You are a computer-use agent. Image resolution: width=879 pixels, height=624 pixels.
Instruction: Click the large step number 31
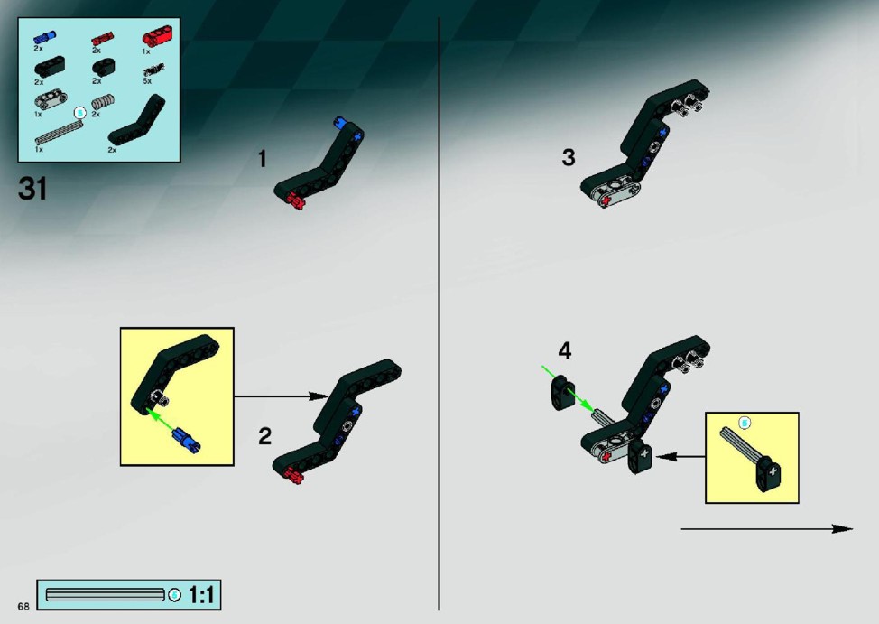pyautogui.click(x=32, y=189)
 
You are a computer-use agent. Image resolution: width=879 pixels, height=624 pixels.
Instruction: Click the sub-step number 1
pyautogui.click(x=263, y=159)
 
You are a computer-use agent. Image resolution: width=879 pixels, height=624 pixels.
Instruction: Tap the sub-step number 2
pyautogui.click(x=265, y=436)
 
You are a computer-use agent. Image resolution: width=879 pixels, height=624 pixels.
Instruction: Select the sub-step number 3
pyautogui.click(x=569, y=158)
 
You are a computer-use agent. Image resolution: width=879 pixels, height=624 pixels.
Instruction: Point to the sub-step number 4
pyautogui.click(x=565, y=350)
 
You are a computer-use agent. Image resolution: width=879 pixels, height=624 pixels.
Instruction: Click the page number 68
pyautogui.click(x=23, y=606)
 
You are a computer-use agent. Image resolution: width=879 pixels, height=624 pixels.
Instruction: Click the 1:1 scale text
pyautogui.click(x=202, y=595)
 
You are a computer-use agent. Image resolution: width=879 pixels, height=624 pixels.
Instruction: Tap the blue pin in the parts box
pyautogui.click(x=45, y=37)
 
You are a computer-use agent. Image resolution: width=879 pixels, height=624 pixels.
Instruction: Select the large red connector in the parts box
pyautogui.click(x=157, y=37)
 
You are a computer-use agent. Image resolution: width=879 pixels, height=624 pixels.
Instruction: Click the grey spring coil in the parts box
pyautogui.click(x=103, y=103)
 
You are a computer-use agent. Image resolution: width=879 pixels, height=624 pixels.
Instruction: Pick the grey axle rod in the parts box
pyautogui.click(x=59, y=133)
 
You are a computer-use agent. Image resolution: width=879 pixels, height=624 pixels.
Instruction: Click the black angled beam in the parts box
pyautogui.click(x=137, y=121)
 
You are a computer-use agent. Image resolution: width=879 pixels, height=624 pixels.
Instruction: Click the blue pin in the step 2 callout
pyautogui.click(x=187, y=440)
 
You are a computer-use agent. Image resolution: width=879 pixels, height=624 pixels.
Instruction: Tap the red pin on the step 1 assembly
pyautogui.click(x=295, y=200)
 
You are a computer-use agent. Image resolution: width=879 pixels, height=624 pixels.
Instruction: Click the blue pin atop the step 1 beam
pyautogui.click(x=340, y=122)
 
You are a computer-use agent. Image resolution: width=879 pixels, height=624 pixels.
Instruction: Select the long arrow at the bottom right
pyautogui.click(x=767, y=528)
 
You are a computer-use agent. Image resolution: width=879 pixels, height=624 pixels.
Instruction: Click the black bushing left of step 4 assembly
pyautogui.click(x=561, y=393)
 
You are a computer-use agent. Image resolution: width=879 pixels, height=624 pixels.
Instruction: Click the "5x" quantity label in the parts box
pyautogui.click(x=147, y=80)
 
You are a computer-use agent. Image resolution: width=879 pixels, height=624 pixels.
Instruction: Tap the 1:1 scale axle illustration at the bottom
pyautogui.click(x=105, y=595)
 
